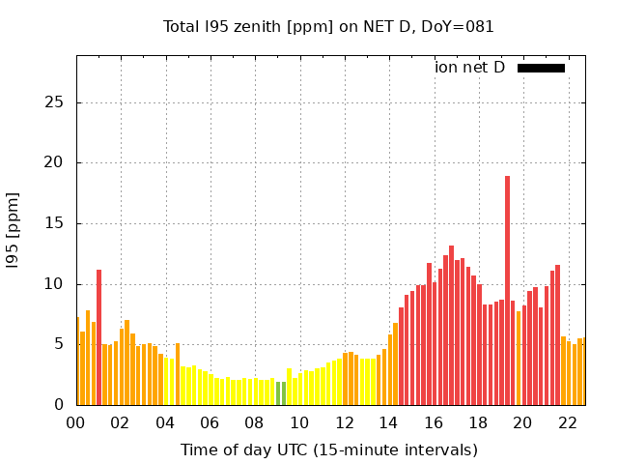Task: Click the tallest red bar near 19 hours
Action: click(507, 290)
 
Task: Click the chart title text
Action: click(328, 27)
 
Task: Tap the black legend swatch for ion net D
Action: click(541, 68)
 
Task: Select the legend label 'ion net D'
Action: click(469, 68)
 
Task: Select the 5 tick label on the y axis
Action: click(60, 344)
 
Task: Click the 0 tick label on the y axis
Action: click(60, 405)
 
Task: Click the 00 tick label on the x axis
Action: click(76, 422)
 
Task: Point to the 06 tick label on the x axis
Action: click(210, 422)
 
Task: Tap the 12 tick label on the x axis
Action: click(344, 422)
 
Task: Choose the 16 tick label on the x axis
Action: click(434, 422)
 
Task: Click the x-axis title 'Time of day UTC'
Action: click(328, 450)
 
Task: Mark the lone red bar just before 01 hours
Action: click(98, 336)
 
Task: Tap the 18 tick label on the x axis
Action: click(478, 422)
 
